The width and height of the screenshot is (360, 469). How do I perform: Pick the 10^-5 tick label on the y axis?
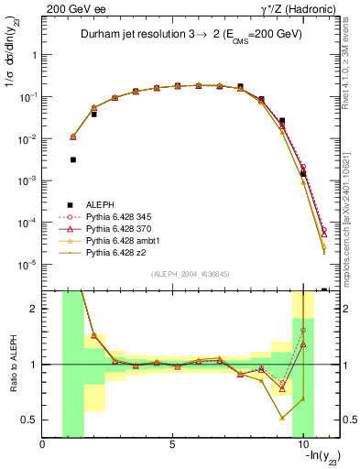click(26, 265)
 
